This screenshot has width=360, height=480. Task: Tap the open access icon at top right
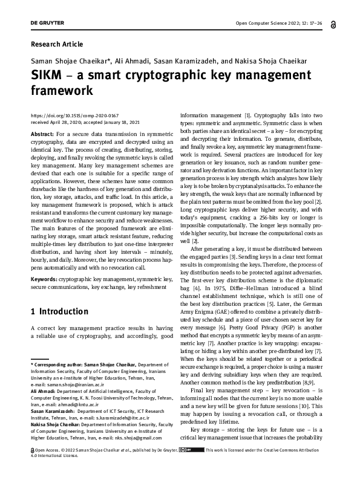tap(335, 25)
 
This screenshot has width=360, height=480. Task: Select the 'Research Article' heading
tap(56, 44)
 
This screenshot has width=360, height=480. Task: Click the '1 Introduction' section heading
tap(59, 312)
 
